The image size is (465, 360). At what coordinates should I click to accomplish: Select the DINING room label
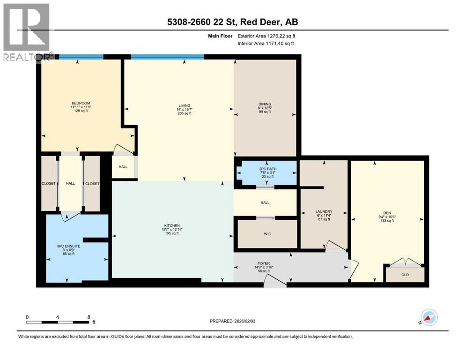coord(265,104)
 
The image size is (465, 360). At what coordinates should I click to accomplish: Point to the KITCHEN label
coord(172,225)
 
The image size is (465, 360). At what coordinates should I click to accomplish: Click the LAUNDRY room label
coord(324,211)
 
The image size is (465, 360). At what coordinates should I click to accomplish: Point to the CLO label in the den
coord(405,275)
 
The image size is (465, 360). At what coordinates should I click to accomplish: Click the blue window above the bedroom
coord(81,57)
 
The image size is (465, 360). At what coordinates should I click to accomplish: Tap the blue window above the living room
coord(167,57)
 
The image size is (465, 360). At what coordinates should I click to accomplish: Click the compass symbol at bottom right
coord(428,317)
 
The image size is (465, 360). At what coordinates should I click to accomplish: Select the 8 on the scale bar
coord(89,317)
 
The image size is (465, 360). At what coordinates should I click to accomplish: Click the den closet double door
coord(405,262)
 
